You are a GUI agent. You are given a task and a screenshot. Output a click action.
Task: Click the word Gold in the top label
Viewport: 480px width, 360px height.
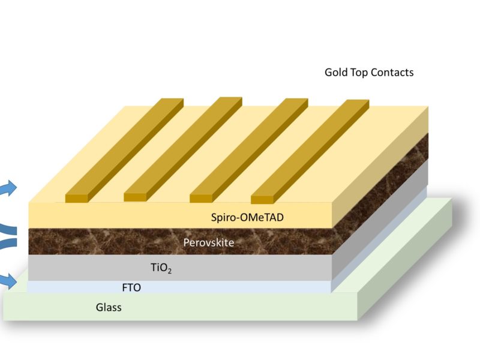(x=336, y=73)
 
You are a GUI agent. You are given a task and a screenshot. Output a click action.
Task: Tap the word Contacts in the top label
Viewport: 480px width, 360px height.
(x=392, y=73)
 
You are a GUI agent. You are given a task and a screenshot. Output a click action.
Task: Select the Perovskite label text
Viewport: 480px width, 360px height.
(x=209, y=243)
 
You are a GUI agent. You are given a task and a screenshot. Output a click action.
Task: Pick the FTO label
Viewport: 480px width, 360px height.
(x=131, y=288)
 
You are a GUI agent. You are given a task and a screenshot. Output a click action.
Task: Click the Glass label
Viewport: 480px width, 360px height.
(x=109, y=308)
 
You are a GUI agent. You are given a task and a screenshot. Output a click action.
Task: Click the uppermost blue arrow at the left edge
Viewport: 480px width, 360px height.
(x=7, y=188)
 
